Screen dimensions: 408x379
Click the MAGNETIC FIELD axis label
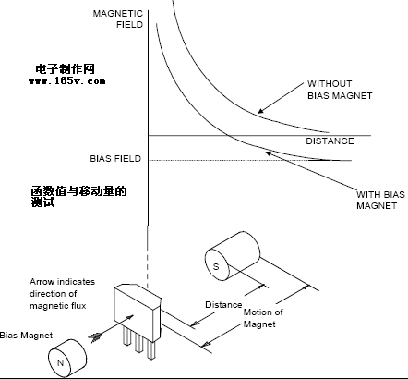(118, 19)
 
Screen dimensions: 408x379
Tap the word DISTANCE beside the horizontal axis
(330, 141)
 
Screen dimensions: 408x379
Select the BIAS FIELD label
(115, 158)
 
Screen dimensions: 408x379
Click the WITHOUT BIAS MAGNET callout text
(340, 90)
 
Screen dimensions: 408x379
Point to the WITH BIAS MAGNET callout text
(380, 200)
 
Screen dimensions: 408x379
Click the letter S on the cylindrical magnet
(216, 266)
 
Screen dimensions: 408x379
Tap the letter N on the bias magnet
(61, 362)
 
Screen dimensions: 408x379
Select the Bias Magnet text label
(26, 336)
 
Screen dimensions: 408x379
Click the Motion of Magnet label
(263, 318)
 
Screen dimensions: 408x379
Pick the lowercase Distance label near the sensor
(223, 305)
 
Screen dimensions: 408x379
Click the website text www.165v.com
(67, 81)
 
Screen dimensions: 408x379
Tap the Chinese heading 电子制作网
(65, 69)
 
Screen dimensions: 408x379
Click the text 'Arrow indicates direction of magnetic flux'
(62, 293)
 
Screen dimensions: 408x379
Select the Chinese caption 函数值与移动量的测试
(78, 196)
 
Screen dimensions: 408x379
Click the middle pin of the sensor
(138, 343)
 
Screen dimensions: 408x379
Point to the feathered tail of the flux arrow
(95, 337)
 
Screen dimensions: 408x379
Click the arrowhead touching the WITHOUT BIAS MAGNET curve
(260, 111)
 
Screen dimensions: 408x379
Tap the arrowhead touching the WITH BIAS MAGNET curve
(269, 153)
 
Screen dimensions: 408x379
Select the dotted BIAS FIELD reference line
(240, 160)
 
